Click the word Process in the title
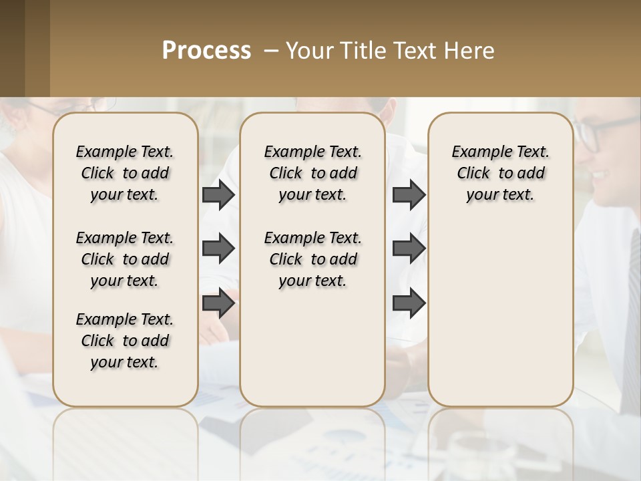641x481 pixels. pyautogui.click(x=206, y=51)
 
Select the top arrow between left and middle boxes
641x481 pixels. pyautogui.click(x=218, y=195)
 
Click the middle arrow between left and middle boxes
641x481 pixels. pyautogui.click(x=218, y=249)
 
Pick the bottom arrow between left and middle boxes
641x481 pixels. pyautogui.click(x=218, y=303)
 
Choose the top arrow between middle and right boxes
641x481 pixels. pyautogui.click(x=409, y=195)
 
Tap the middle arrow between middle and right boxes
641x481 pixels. pyautogui.click(x=409, y=249)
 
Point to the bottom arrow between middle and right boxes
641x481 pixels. pyautogui.click(x=409, y=303)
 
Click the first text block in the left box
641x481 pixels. pyautogui.click(x=124, y=173)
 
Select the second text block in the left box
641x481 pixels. pyautogui.click(x=124, y=259)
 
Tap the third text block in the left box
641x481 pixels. pyautogui.click(x=124, y=341)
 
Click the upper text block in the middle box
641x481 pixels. pyautogui.click(x=312, y=173)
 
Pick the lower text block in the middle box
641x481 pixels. pyautogui.click(x=312, y=259)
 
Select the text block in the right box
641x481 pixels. pyautogui.click(x=500, y=173)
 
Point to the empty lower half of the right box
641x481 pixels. pyautogui.click(x=500, y=314)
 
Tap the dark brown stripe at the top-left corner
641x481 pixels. pyautogui.click(x=12, y=47)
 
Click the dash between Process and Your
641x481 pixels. pyautogui.click(x=271, y=51)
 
